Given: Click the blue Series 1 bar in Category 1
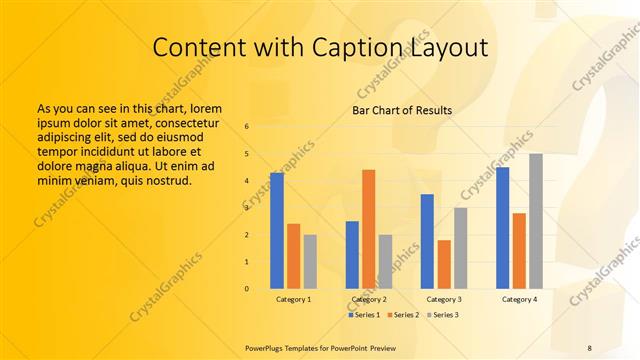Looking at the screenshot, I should coord(277,231).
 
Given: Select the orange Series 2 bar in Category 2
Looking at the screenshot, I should coord(368,229).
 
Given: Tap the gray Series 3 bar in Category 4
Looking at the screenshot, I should coord(536,221).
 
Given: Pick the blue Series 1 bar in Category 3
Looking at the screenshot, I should coord(427,241).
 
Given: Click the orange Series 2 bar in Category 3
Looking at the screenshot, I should coord(444,264).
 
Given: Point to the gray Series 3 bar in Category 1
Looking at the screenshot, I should coord(310,261).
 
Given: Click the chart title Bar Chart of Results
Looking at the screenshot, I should coord(402,110).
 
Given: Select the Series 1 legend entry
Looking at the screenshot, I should coord(364,314).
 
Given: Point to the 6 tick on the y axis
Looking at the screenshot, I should coord(247,126).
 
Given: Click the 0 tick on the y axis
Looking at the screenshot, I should coord(247,289).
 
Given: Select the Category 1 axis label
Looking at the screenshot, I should coord(293,299).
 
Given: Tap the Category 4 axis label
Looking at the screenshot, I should coord(519,299).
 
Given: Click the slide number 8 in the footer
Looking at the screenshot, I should coord(589,347).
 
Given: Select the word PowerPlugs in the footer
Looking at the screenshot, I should coord(267,347).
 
